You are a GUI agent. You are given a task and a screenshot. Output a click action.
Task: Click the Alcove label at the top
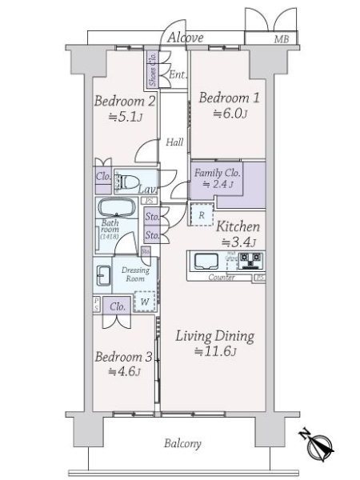point(185,38)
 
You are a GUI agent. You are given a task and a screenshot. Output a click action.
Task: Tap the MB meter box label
point(282,38)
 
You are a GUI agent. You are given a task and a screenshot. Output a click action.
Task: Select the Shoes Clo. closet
point(151,69)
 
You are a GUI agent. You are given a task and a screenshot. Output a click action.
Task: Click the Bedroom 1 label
point(228,98)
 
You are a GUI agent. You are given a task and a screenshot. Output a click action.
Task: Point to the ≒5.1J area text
point(124,117)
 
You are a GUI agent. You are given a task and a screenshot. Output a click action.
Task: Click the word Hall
point(175,143)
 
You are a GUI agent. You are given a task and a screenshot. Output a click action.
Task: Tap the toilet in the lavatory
point(128,182)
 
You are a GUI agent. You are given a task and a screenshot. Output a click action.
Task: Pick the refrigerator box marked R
point(202,214)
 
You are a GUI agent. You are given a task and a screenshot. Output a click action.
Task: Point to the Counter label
point(221,278)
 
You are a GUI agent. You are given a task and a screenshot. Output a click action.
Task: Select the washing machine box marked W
point(144,302)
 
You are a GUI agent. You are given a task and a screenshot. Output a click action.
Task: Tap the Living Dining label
point(214,336)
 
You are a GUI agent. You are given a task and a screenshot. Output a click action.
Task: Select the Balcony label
point(183,443)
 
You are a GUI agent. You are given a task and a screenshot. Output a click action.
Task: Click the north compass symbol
point(319,446)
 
